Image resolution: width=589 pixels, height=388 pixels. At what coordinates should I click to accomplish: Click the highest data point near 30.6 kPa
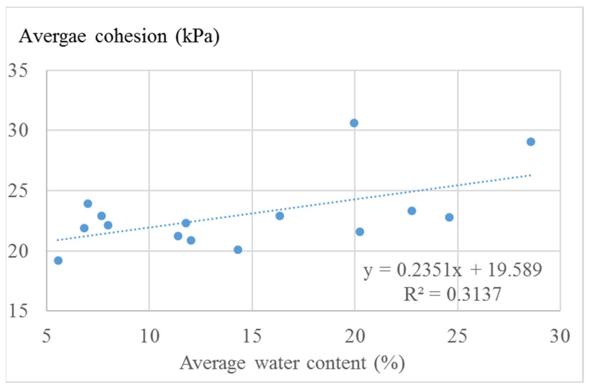click(x=354, y=123)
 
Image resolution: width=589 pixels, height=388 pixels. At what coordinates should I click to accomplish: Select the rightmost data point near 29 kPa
click(x=531, y=142)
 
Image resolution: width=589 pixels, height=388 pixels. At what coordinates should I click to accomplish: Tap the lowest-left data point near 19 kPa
click(x=58, y=260)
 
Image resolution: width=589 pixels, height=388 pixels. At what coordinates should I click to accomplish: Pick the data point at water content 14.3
click(x=238, y=250)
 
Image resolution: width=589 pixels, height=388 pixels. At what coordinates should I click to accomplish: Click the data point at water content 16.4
click(x=280, y=216)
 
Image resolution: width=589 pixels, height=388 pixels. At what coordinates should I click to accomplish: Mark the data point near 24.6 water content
click(x=449, y=218)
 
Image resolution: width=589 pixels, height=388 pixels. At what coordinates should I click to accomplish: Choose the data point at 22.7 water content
click(x=412, y=211)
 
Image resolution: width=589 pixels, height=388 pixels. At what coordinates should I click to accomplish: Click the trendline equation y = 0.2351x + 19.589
click(x=453, y=270)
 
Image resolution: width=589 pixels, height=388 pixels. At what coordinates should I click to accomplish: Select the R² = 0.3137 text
click(x=453, y=294)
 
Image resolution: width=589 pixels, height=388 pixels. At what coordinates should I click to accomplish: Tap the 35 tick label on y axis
click(x=18, y=71)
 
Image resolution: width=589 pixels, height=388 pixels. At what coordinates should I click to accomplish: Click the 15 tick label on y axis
click(x=18, y=311)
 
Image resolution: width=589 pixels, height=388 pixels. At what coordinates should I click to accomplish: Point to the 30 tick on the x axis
click(x=560, y=336)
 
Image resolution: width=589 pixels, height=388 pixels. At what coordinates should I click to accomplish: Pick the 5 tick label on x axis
click(x=46, y=336)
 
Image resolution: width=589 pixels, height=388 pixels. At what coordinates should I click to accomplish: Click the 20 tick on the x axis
click(x=355, y=336)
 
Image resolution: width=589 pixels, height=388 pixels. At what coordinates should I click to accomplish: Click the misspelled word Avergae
click(x=53, y=36)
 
